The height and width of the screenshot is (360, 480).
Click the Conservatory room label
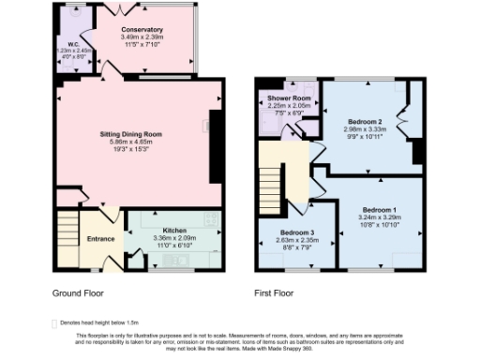click(x=142, y=30)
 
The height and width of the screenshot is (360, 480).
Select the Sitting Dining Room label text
click(x=131, y=134)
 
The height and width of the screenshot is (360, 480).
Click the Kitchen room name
click(x=175, y=230)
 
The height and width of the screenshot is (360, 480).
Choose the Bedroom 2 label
click(x=365, y=122)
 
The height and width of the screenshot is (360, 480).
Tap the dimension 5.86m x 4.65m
click(x=131, y=142)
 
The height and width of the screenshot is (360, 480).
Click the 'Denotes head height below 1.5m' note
click(x=94, y=322)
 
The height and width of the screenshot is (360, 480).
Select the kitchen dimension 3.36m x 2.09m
click(x=175, y=237)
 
